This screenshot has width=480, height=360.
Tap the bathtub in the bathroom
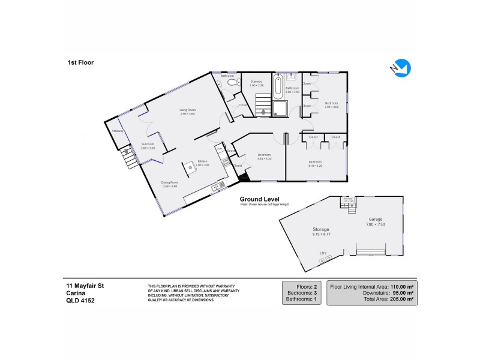[278, 86]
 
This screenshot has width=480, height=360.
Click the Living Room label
[188, 110]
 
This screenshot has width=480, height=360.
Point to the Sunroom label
[148, 144]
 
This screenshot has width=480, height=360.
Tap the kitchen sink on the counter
[214, 188]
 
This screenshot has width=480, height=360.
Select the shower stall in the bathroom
[279, 108]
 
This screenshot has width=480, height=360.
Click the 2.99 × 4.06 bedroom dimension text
[332, 107]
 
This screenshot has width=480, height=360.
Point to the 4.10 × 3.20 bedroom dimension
[316, 164]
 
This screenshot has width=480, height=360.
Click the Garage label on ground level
[376, 220]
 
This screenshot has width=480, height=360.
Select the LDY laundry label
[323, 253]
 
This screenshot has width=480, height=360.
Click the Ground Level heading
[259, 199]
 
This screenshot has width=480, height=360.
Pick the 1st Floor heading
[80, 62]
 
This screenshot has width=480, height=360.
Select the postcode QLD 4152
[80, 301]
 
